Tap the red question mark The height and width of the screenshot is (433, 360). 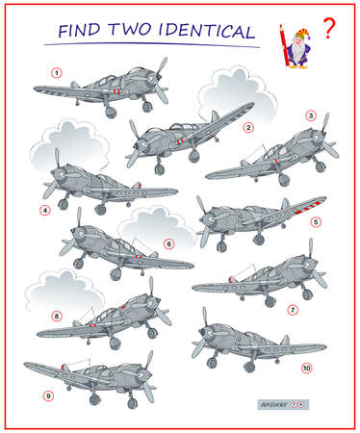[330, 29]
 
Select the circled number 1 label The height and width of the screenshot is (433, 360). [56, 72]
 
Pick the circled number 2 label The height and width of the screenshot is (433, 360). [247, 126]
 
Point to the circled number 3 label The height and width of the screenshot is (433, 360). [310, 115]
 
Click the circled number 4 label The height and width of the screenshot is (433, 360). [43, 209]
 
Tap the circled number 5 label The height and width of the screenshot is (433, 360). [316, 220]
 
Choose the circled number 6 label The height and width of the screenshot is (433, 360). [168, 243]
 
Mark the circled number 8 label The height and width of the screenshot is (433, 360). [56, 315]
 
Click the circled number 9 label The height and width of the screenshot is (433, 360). [46, 395]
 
